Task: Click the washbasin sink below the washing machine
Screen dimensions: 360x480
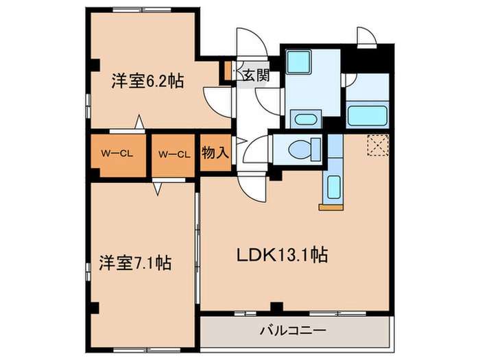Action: tap(303, 119)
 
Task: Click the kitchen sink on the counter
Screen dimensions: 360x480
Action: tap(333, 186)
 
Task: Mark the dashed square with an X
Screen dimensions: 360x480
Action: tap(377, 145)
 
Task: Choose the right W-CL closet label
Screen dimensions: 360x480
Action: tap(173, 154)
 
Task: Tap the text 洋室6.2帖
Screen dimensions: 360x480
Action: tap(147, 81)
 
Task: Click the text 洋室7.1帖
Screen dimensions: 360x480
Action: tap(134, 262)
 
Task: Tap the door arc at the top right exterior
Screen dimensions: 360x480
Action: tap(364, 36)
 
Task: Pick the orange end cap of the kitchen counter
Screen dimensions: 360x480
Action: tap(331, 204)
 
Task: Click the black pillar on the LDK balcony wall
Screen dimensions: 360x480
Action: tap(276, 307)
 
